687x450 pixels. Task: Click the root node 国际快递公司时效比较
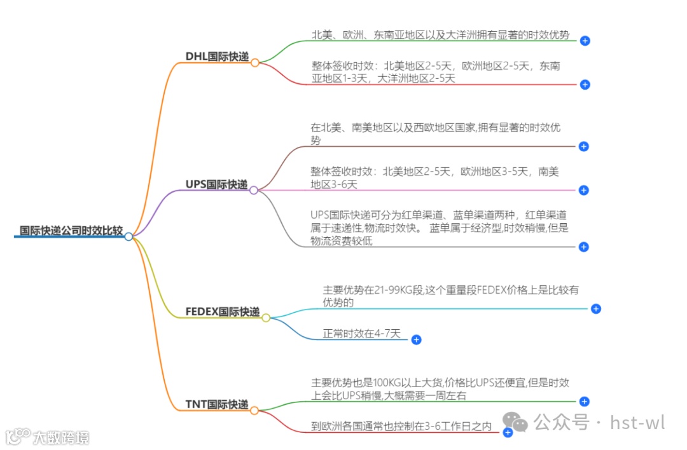coord(71,231)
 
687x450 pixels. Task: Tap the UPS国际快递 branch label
coord(216,184)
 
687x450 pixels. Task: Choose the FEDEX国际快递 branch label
coord(223,312)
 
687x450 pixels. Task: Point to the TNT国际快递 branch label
coord(216,404)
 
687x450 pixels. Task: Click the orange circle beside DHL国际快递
coord(254,63)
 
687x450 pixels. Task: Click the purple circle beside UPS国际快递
coord(253,190)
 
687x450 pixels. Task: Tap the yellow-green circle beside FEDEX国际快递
coord(266,318)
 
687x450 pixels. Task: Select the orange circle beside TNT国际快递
coord(254,411)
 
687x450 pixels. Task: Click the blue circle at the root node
coord(128,236)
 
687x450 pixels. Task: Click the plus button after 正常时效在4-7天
coord(416,340)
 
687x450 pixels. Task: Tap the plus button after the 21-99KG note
coord(595,309)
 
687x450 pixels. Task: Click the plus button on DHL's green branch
coord(585,41)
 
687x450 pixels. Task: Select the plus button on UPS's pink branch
coord(584,190)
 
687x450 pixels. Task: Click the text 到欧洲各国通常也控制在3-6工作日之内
coord(401,426)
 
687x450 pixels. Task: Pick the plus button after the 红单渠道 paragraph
coord(584,247)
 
